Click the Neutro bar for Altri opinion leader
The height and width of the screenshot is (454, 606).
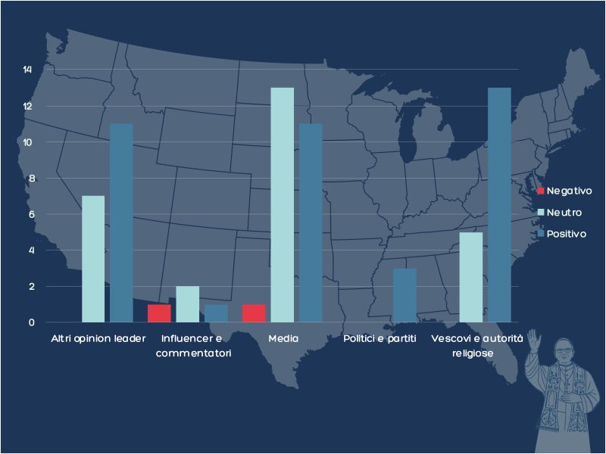pos(93,259)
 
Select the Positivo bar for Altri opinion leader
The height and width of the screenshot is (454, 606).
pos(121,222)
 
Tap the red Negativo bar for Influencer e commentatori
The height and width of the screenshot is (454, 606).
pos(159,313)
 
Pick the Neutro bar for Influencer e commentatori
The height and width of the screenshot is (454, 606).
pos(187,304)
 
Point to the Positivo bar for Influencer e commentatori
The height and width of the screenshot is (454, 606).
pos(216,313)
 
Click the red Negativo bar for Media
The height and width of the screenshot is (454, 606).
pos(254,313)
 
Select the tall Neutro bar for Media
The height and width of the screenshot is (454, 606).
pos(282,204)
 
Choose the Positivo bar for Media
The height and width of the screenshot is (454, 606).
pos(311,222)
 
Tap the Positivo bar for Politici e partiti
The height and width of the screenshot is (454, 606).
pos(405,295)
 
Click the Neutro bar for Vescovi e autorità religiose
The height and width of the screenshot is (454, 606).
pos(471,277)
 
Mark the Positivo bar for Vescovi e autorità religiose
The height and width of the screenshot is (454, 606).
pos(499,204)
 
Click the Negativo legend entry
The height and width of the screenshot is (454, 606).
pos(564,191)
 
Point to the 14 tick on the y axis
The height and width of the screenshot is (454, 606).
pos(28,70)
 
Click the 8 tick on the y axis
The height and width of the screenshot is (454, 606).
pos(30,179)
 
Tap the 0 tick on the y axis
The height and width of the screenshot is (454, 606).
pos(30,322)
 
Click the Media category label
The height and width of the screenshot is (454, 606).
pos(283,337)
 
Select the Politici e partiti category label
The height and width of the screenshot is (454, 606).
pos(380,337)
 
